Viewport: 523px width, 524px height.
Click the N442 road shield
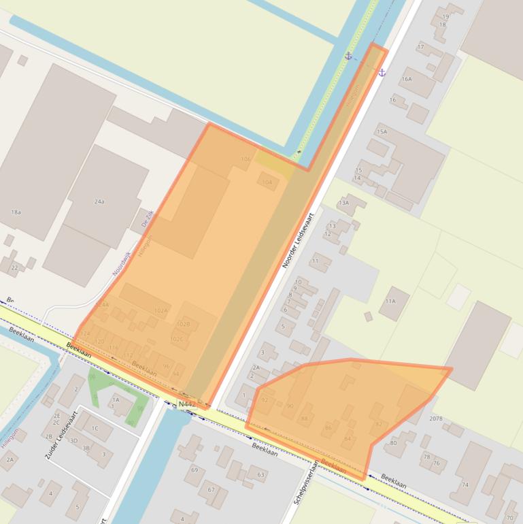[188, 404]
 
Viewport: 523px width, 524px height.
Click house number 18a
[16, 212]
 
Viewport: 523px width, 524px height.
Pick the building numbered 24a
[99, 201]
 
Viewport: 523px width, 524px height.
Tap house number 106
[246, 159]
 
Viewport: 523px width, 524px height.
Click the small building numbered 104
[267, 182]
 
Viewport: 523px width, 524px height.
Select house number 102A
[161, 311]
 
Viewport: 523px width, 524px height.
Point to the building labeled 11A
[390, 300]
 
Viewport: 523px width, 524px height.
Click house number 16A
[407, 79]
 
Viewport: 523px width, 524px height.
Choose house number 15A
[382, 131]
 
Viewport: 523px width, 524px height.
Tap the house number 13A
[344, 202]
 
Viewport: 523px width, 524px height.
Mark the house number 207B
[435, 419]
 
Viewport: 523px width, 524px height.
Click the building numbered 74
[465, 485]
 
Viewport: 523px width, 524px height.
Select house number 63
[260, 474]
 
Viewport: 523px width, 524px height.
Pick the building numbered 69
[195, 470]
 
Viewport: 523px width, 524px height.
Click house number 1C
[95, 428]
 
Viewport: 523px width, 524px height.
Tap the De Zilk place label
[148, 218]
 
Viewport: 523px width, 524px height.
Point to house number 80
[393, 443]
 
